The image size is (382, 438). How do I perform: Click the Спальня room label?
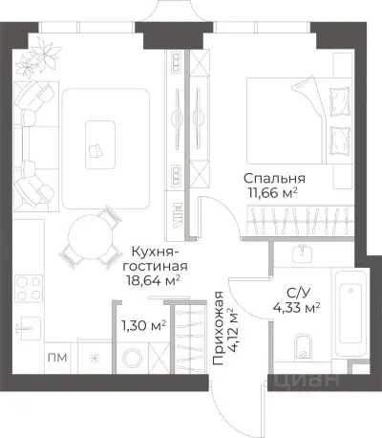click(x=274, y=178)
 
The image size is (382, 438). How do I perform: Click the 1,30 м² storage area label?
click(x=143, y=325)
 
